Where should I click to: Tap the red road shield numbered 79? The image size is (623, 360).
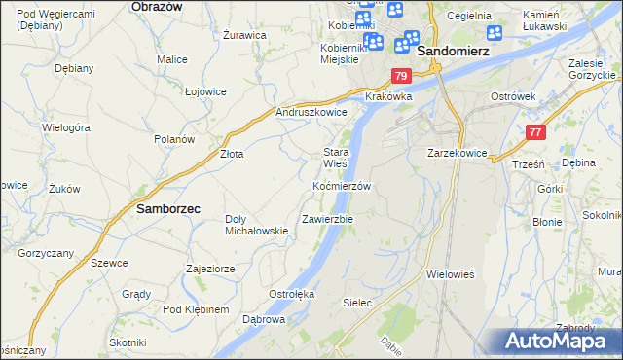[401, 76]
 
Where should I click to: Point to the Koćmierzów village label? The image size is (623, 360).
[342, 185]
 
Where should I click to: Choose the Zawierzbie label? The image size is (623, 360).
[327, 219]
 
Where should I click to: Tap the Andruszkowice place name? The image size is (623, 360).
[311, 112]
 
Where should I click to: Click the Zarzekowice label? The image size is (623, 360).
[457, 154]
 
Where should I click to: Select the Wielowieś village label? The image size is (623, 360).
[450, 274]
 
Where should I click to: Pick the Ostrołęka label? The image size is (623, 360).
[290, 293]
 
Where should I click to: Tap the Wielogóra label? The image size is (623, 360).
[66, 126]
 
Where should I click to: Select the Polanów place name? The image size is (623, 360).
[175, 139]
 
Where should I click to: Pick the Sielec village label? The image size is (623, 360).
[357, 303]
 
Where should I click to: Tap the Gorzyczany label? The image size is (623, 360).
[46, 252]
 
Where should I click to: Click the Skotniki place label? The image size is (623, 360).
[128, 342]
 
